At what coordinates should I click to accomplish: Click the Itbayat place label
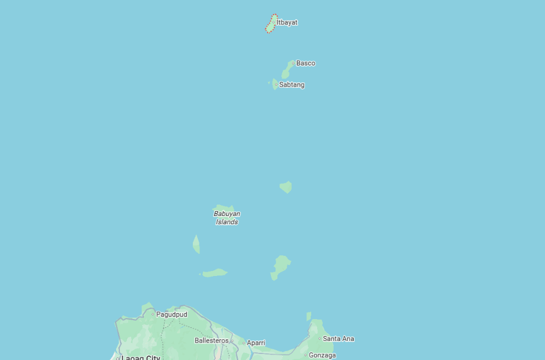point(287,22)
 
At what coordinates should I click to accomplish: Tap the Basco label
point(306,63)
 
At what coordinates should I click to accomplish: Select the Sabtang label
point(292,85)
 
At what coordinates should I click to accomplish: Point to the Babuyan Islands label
point(227,218)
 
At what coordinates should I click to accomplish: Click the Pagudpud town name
point(172,315)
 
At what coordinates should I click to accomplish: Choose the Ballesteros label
point(211,340)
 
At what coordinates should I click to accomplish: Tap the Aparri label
point(256,343)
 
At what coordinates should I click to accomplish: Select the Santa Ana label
point(338,339)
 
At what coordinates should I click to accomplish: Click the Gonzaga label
point(322,355)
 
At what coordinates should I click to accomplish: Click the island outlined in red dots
point(271,25)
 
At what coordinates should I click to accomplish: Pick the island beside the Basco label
point(287,71)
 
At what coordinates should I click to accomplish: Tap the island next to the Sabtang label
point(275,84)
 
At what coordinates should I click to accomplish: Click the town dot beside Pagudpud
point(153,315)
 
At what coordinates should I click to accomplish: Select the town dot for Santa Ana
point(320,339)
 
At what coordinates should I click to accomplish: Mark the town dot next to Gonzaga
point(306,355)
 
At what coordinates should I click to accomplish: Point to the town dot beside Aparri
point(244,343)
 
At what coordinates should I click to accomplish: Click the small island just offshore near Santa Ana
point(308,316)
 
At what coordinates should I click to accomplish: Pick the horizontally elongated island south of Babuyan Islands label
point(215,273)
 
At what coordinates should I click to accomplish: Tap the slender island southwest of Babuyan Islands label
point(196,245)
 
